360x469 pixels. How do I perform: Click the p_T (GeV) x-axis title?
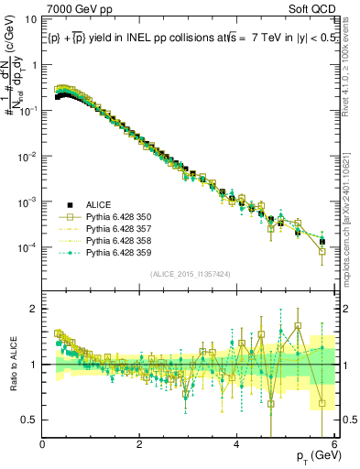pos(314,455)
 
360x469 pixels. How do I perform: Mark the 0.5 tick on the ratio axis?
pos(30,420)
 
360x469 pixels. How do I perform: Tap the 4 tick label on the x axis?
pos(236,444)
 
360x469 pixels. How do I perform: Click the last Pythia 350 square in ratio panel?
pos(322,402)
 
